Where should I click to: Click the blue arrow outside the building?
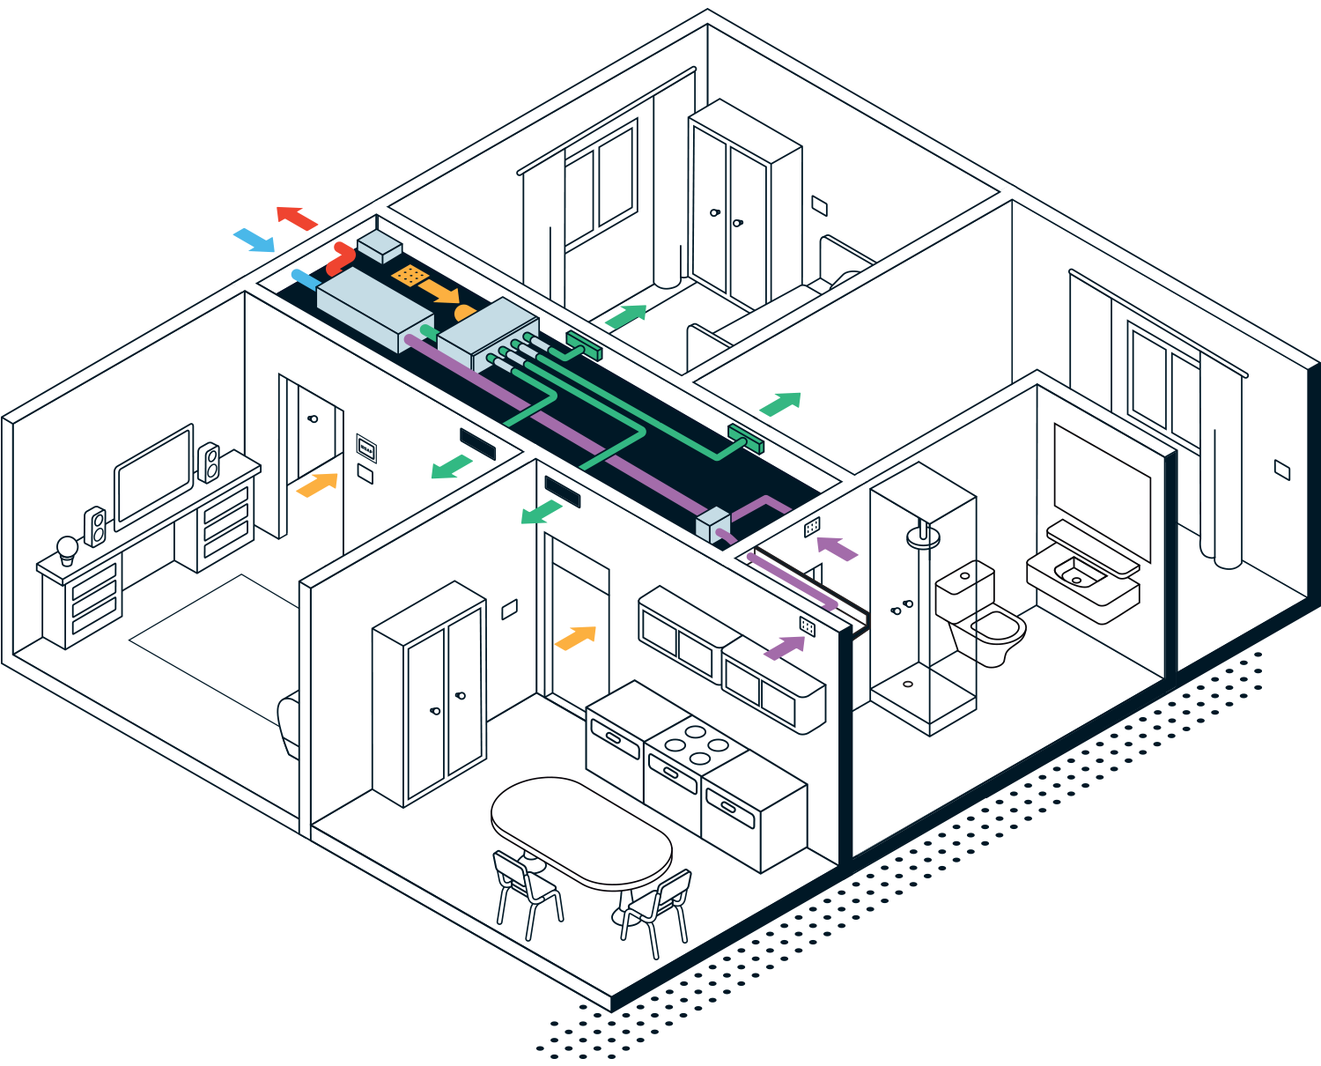254,240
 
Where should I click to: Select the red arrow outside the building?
297,217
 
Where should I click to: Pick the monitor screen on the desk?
154,477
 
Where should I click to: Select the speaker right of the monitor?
209,462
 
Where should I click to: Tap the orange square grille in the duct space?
409,276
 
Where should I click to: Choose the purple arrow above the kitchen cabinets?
785,648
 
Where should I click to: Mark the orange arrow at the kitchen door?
576,638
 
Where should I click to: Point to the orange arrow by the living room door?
317,485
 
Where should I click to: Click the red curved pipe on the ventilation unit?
339,259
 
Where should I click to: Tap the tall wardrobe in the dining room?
430,696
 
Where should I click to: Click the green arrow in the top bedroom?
626,315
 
